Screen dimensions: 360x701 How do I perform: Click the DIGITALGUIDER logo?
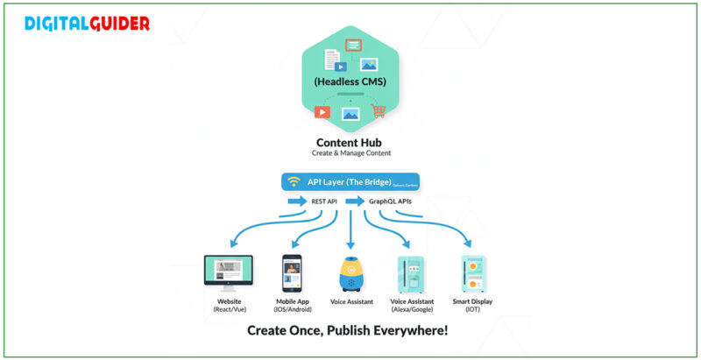87,24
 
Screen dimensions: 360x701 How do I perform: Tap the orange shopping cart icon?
379,111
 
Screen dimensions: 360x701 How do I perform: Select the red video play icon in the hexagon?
322,111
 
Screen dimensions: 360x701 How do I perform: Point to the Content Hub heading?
350,142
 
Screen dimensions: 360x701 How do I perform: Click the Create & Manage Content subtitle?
350,154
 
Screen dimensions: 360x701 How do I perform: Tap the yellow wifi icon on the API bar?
294,182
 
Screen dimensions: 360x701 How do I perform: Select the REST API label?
324,202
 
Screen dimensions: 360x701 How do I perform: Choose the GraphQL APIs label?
390,202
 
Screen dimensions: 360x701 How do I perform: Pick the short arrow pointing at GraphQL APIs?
354,202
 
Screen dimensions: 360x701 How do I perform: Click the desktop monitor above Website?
228,271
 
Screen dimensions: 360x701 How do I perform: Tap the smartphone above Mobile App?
291,273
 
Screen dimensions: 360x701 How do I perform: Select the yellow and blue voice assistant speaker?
350,274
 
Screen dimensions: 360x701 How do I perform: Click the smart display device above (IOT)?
473,274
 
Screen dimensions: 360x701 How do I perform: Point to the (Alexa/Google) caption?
412,310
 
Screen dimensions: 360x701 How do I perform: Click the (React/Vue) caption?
228,310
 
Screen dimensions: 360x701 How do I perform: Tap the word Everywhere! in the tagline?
407,331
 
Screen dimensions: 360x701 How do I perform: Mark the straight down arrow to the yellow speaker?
350,232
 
